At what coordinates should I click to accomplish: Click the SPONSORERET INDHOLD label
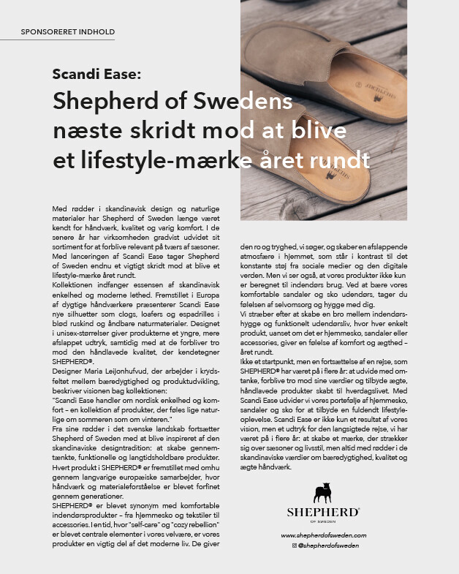point(68,32)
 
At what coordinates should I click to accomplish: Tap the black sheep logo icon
point(323,493)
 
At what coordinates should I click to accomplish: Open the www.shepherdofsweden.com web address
point(323,536)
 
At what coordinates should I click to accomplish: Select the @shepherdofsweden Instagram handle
point(327,546)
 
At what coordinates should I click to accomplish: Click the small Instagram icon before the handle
point(294,546)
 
